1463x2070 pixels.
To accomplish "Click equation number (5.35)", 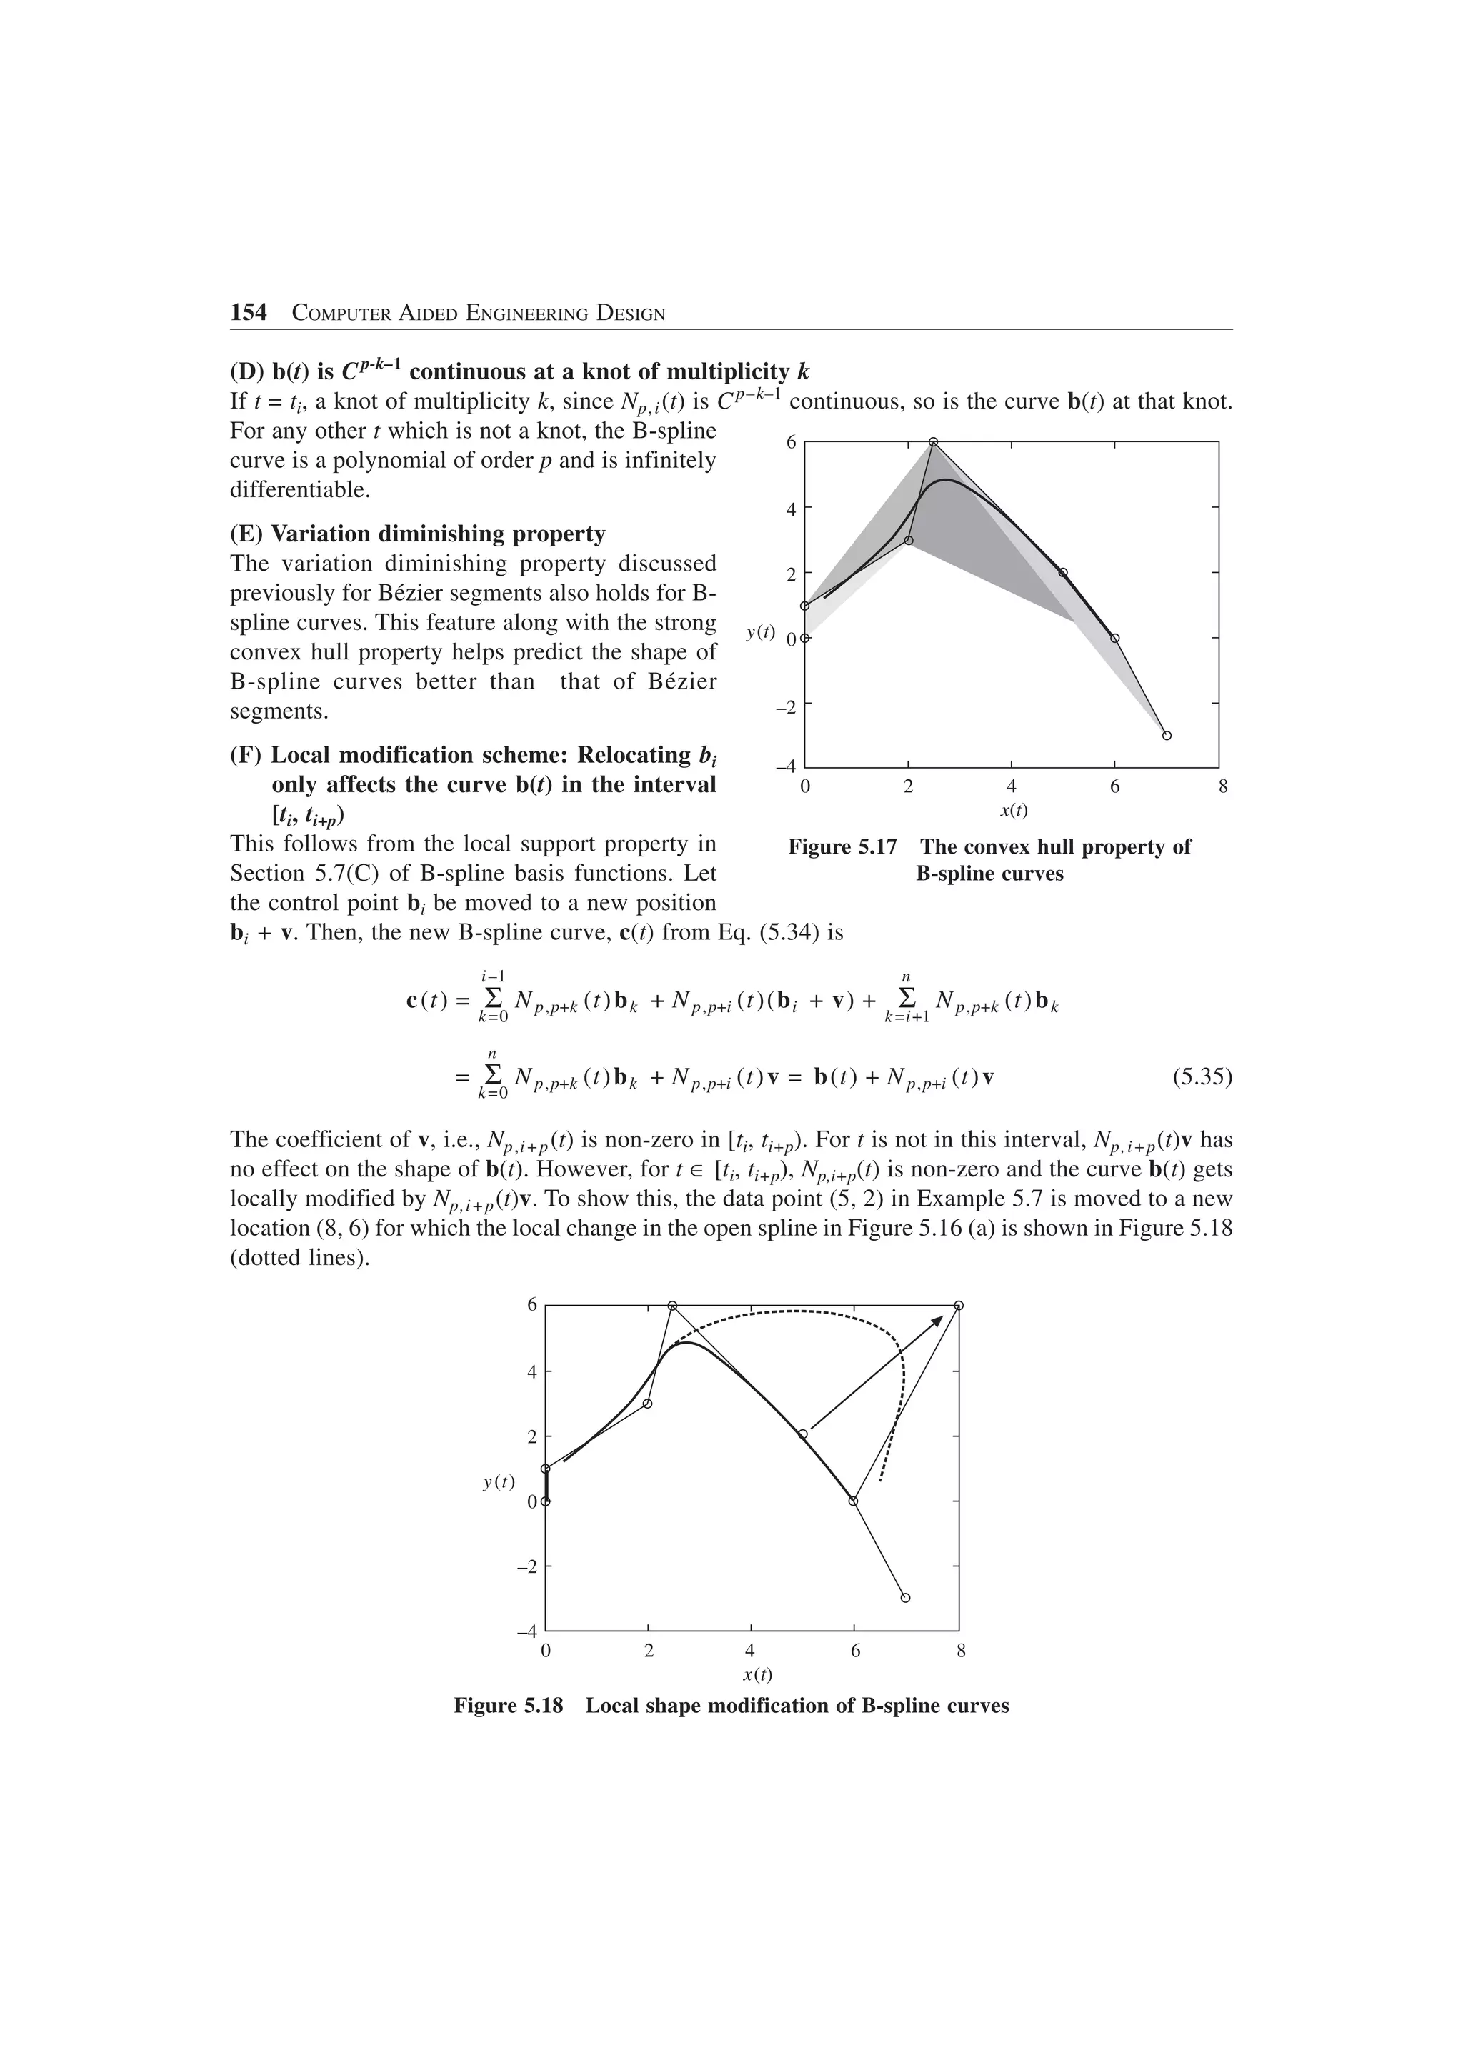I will (1202, 1076).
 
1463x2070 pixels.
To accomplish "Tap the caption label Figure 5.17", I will (842, 846).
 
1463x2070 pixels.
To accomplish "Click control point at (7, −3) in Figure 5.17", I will (1167, 736).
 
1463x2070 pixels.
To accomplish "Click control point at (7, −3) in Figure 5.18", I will (905, 1598).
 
